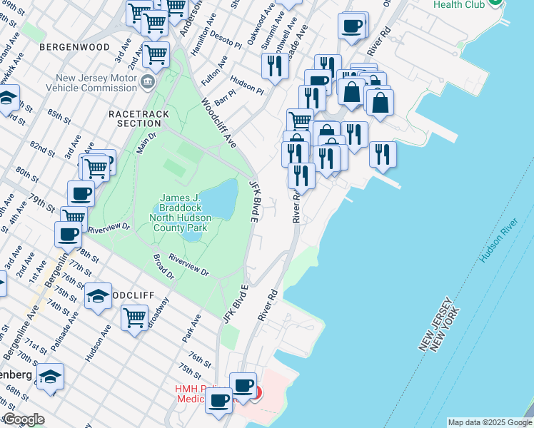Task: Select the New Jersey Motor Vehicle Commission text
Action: (x=89, y=82)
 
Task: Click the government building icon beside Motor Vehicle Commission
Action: (x=148, y=82)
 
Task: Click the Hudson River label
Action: (x=497, y=240)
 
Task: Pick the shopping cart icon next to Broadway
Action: (x=134, y=316)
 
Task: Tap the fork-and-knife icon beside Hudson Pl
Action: (x=275, y=66)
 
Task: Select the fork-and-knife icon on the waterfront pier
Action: (x=383, y=153)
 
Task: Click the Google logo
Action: (x=23, y=419)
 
